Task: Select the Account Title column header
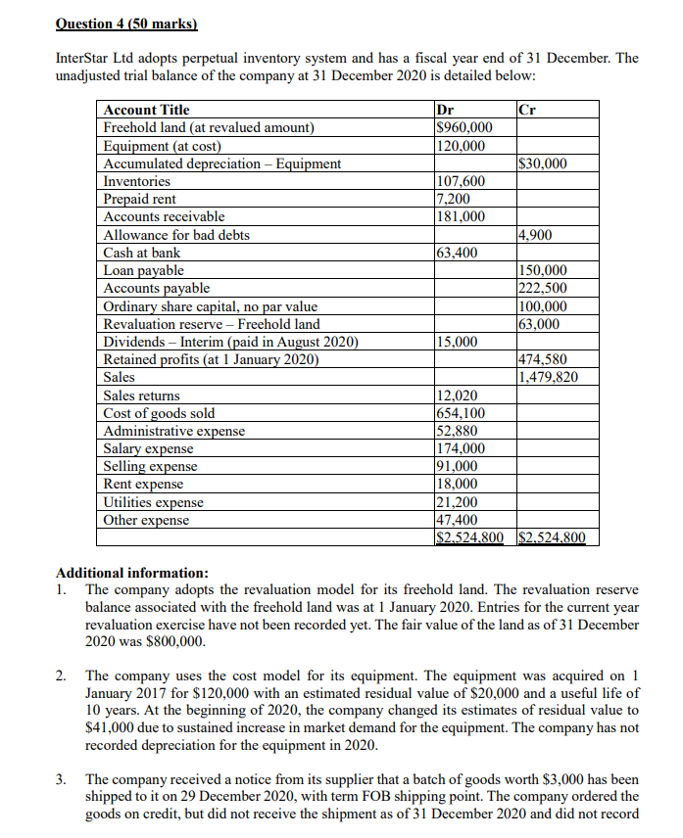click(x=146, y=110)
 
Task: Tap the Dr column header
click(x=444, y=110)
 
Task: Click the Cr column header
click(x=526, y=110)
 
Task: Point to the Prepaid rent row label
click(x=140, y=199)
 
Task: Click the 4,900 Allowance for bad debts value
click(x=535, y=235)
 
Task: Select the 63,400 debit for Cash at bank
click(x=456, y=253)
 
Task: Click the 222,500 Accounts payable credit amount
click(x=541, y=288)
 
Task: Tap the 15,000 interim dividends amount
click(x=456, y=342)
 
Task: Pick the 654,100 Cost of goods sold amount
click(x=460, y=413)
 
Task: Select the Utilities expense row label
click(x=154, y=502)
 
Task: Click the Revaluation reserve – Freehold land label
click(x=212, y=324)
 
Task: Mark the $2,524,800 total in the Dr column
click(x=468, y=537)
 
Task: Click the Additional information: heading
click(x=132, y=573)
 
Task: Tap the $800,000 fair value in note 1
click(x=175, y=642)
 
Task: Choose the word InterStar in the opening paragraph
click(x=87, y=58)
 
